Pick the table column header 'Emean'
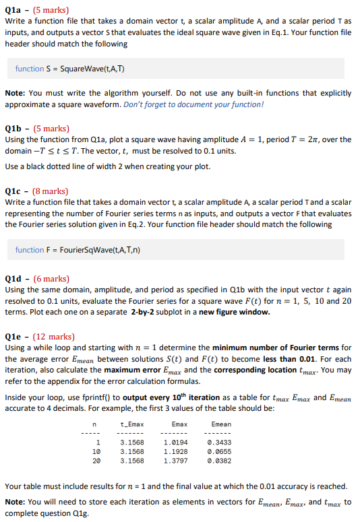pyautogui.click(x=221, y=424)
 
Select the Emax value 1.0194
pyautogui.click(x=175, y=442)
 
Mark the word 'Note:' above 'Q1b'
pyautogui.click(x=15, y=93)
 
